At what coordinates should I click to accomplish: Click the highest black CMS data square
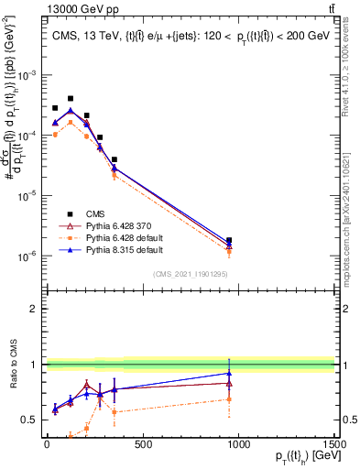point(71,98)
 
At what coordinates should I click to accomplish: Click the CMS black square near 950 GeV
point(229,241)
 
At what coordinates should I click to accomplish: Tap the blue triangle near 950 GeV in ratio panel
point(229,373)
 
